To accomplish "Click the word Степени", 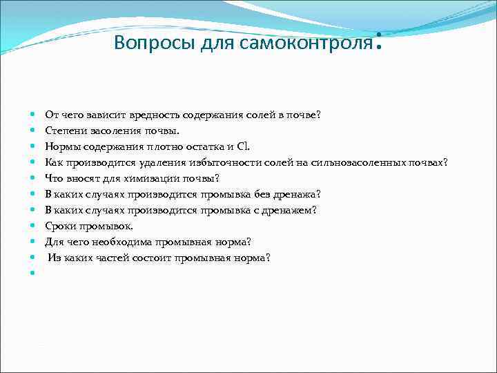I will point(66,131).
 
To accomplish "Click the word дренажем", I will point(293,210).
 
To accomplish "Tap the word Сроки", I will point(60,226).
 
